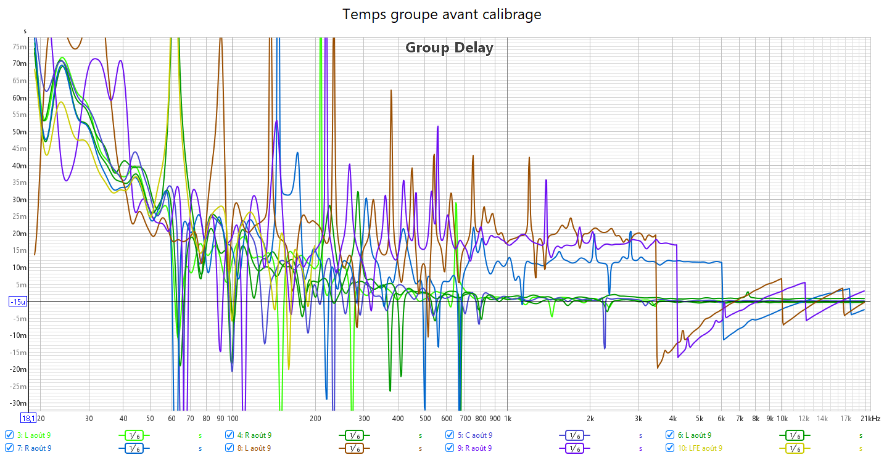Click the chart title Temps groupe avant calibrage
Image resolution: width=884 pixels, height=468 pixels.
(x=442, y=14)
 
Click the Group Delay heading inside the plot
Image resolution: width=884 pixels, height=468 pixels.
(x=449, y=47)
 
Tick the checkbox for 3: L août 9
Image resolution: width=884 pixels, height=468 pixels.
(x=9, y=435)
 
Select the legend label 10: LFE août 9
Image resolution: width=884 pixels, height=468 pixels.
(x=700, y=448)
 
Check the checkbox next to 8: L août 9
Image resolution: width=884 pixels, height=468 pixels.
(x=229, y=448)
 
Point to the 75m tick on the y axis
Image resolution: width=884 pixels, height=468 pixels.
(x=19, y=47)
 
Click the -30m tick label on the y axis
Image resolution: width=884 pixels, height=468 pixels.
(x=18, y=403)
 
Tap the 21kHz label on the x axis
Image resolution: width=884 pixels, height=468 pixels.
(x=870, y=419)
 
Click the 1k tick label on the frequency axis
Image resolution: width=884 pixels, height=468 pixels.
(x=508, y=419)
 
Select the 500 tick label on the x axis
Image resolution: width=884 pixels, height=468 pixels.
(x=425, y=419)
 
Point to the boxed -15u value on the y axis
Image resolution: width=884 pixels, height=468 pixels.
(x=17, y=302)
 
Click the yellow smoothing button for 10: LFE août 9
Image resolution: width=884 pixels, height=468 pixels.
(x=794, y=448)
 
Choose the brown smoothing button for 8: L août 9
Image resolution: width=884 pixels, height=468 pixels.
(x=353, y=448)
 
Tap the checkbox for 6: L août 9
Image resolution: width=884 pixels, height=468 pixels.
(x=670, y=435)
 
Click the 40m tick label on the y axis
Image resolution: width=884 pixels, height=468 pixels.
(x=19, y=166)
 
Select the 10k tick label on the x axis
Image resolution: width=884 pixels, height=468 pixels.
(x=782, y=419)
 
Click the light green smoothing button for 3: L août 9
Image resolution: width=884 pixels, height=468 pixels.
(x=134, y=435)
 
